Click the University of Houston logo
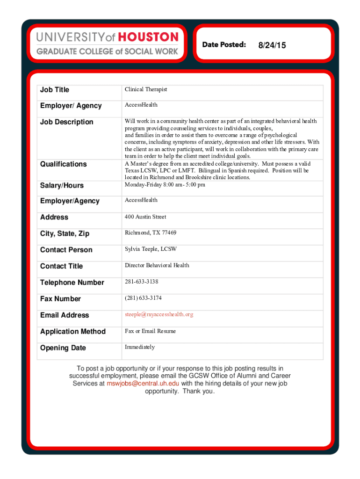click(x=107, y=43)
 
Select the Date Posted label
click(x=224, y=44)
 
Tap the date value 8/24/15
click(x=272, y=45)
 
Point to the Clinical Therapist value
click(x=145, y=89)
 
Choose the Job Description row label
click(x=66, y=122)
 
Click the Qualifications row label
click(x=63, y=164)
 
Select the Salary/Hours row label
click(x=62, y=186)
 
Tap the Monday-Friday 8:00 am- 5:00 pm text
click(x=165, y=184)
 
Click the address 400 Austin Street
click(x=145, y=217)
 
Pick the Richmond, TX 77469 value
click(x=150, y=232)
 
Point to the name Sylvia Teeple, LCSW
click(x=151, y=249)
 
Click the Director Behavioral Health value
click(x=157, y=265)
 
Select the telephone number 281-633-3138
click(x=141, y=282)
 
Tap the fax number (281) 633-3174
click(x=143, y=298)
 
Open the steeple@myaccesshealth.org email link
click(x=158, y=314)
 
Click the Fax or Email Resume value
click(x=150, y=331)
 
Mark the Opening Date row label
click(x=63, y=348)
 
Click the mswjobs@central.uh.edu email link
click(x=143, y=384)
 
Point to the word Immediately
click(x=139, y=347)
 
